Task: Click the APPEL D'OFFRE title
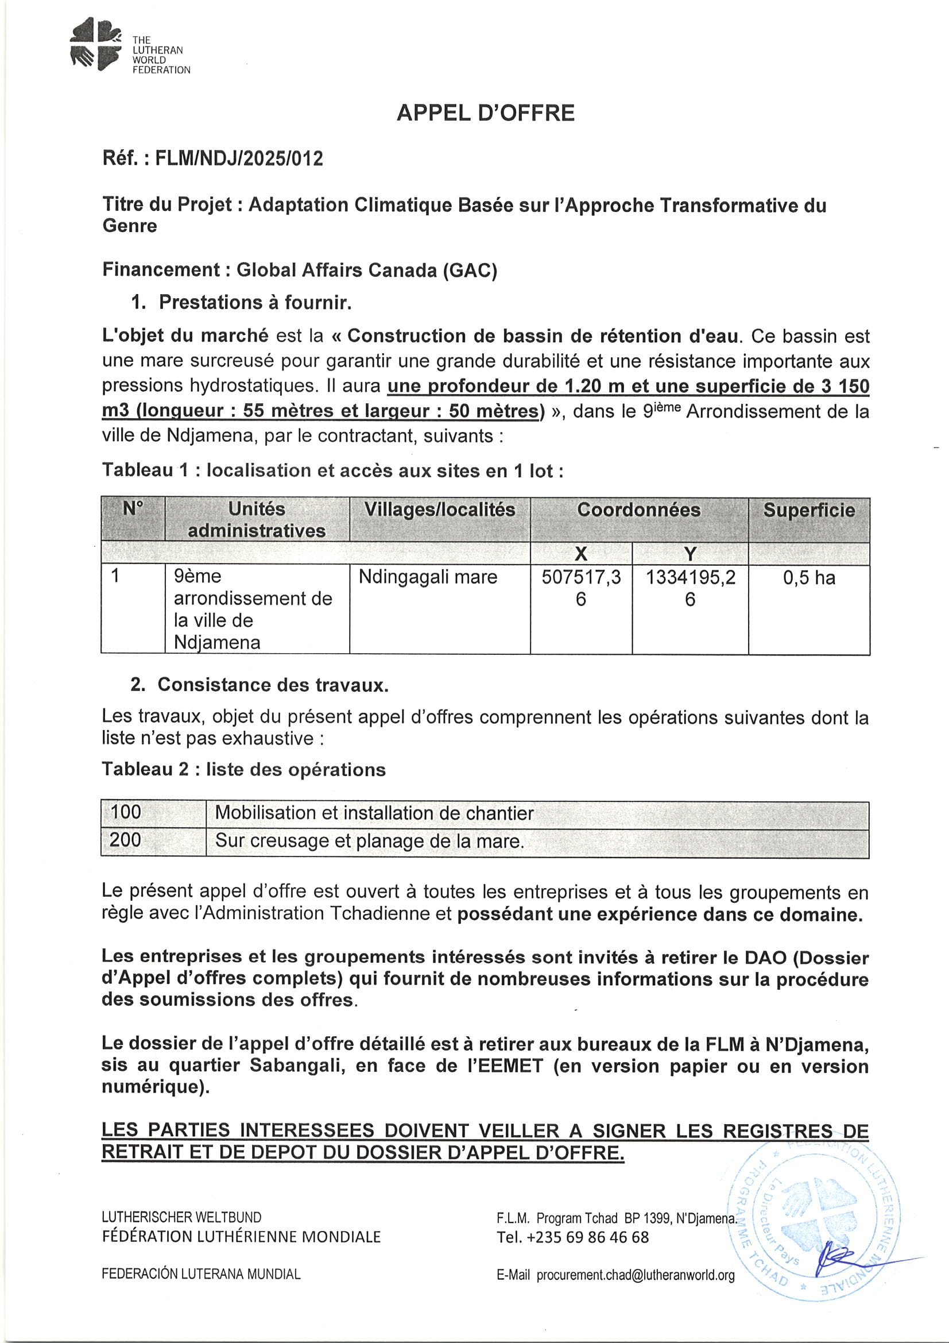(485, 113)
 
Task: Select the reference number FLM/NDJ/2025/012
(239, 159)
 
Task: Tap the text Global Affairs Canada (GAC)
(367, 269)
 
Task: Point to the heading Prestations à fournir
(255, 302)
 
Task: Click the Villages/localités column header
(440, 510)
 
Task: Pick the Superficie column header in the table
(809, 510)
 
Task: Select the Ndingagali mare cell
(428, 577)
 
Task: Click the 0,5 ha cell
(809, 578)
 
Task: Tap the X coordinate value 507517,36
(580, 588)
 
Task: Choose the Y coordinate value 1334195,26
(690, 588)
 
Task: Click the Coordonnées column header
(638, 510)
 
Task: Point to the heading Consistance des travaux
(273, 684)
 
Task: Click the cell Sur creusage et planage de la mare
(370, 840)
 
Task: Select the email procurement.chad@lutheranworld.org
(635, 1275)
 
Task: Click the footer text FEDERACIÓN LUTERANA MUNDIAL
(201, 1274)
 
